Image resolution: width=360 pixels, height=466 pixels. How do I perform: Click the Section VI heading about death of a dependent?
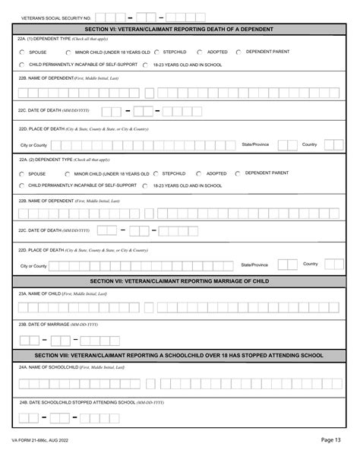[x=179, y=28]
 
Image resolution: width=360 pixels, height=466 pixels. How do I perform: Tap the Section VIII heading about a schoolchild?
[x=179, y=355]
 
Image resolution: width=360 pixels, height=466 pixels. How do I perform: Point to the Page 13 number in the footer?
[x=330, y=460]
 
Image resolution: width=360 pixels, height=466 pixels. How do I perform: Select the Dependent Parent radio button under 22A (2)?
[x=238, y=173]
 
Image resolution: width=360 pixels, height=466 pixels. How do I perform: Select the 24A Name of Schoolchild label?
[x=71, y=367]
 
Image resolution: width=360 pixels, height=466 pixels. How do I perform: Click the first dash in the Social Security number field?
[x=131, y=17]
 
